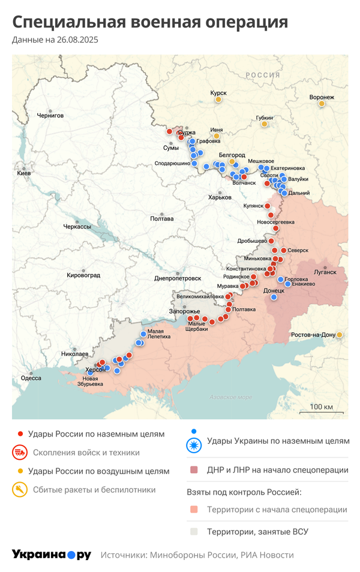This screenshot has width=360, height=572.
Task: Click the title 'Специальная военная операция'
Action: [x=150, y=23]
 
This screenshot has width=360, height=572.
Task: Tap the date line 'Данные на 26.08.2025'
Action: [x=55, y=40]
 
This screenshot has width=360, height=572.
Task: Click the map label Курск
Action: [x=218, y=93]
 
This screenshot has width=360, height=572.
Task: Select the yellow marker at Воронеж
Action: [x=322, y=104]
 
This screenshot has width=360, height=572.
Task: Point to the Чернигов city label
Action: [x=50, y=115]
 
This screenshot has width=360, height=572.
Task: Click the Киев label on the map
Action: [x=24, y=173]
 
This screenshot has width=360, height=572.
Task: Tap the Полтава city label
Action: [x=162, y=218]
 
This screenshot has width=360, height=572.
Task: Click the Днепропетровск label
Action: [x=178, y=278]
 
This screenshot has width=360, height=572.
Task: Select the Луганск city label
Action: [x=325, y=272]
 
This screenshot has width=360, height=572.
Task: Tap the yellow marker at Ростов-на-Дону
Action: [x=340, y=335]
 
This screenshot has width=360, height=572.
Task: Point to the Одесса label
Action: [x=31, y=378]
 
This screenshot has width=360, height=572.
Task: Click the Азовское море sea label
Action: [x=231, y=397]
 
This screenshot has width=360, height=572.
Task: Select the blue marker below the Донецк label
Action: [x=274, y=297]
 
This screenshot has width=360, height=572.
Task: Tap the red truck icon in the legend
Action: [x=20, y=452]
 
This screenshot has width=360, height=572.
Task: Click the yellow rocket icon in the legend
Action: [x=20, y=490]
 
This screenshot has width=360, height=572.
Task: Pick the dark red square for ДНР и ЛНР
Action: [x=193, y=469]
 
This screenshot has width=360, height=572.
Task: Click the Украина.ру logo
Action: [x=52, y=555]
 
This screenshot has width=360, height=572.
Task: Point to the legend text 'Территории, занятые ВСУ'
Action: [x=257, y=531]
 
